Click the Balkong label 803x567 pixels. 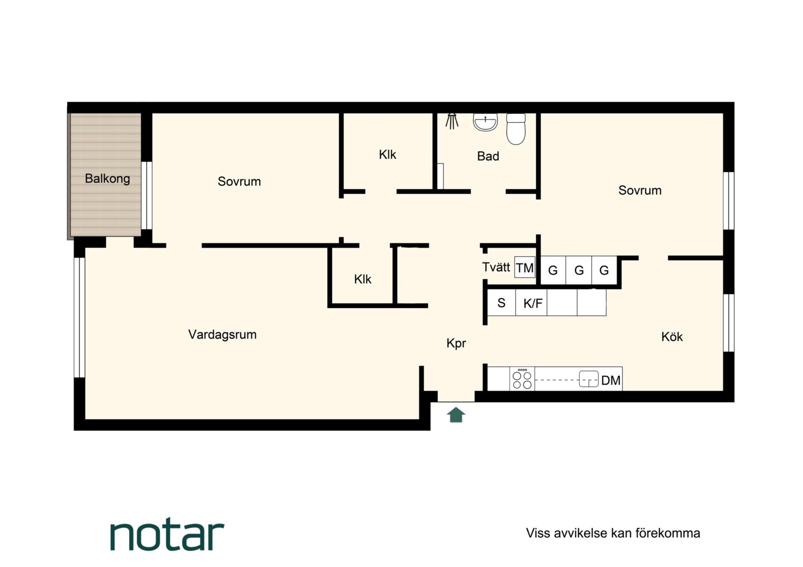tap(107, 178)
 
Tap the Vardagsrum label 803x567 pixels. tap(222, 334)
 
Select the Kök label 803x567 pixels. tap(672, 337)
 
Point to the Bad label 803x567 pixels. tap(488, 156)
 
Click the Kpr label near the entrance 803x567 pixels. tap(456, 343)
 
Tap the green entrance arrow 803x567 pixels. tap(456, 415)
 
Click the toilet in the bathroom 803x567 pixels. tap(516, 129)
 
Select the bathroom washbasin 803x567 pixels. tap(485, 122)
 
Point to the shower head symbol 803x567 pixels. tap(452, 121)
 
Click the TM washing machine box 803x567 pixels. tap(525, 267)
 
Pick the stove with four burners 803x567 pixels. tap(522, 379)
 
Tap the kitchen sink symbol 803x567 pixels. tap(589, 379)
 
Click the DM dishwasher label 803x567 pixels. tap(611, 381)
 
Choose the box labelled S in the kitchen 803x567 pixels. tap(501, 303)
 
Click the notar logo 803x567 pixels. tap(167, 536)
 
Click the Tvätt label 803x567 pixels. tap(496, 267)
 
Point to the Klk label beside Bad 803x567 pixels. tap(387, 155)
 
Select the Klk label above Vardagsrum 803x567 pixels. tap(363, 279)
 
